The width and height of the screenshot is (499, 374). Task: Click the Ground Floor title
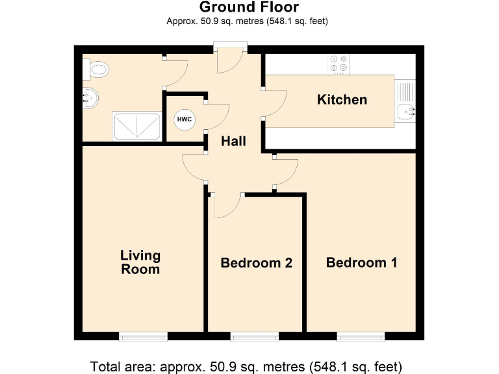tap(249, 8)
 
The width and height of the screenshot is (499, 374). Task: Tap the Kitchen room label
tap(342, 99)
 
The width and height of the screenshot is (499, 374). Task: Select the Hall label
tap(233, 141)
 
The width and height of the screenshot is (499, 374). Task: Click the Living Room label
tap(140, 262)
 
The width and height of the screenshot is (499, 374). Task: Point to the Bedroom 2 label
tap(256, 263)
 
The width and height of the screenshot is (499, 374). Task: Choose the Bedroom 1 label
tap(361, 262)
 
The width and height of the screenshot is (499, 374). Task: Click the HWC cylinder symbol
tap(184, 120)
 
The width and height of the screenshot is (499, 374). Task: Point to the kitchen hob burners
tap(338, 62)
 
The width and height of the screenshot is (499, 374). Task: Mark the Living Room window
tap(143, 336)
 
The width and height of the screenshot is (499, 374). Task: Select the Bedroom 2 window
tap(254, 336)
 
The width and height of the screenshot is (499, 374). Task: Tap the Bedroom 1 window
tap(361, 336)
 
